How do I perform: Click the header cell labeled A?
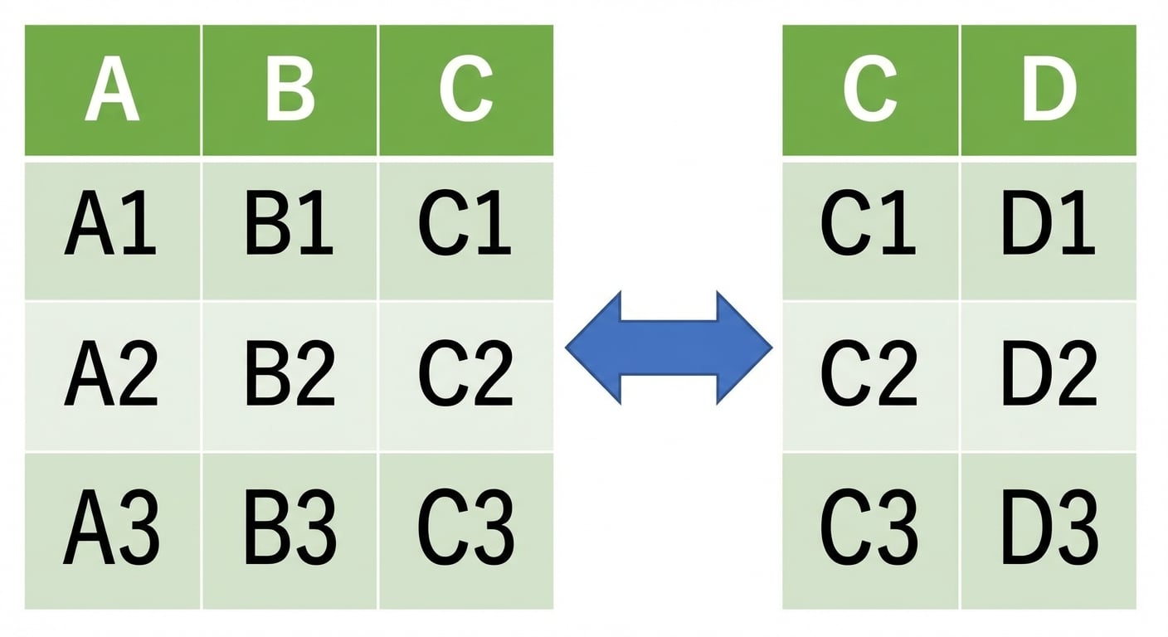[112, 90]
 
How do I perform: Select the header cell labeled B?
[290, 90]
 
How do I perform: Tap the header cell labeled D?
[1049, 90]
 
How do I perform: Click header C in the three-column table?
[466, 90]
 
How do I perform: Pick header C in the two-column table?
[870, 90]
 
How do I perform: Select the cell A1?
[112, 231]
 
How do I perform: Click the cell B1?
[290, 231]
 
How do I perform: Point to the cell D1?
[1049, 231]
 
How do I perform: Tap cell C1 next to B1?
[466, 231]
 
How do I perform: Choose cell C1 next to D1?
[870, 231]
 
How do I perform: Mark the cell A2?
[112, 376]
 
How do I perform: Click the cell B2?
[290, 376]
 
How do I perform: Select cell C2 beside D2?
[870, 376]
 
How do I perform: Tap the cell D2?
[1049, 376]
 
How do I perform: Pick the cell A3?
[112, 531]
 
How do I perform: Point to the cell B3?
[290, 531]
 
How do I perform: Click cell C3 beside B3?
[466, 531]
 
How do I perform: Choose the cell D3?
[1049, 531]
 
